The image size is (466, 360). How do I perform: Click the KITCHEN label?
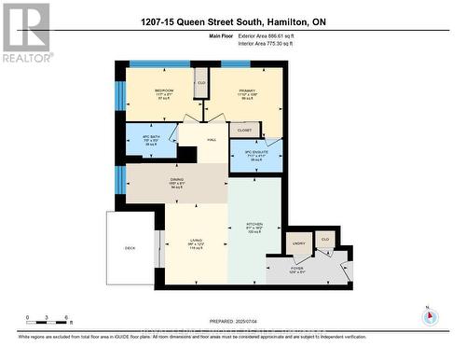[254, 227]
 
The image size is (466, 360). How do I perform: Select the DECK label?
[130, 248]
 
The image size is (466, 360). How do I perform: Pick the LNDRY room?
[299, 243]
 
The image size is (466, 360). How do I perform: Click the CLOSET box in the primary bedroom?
[243, 131]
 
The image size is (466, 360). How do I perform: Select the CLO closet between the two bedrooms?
[200, 82]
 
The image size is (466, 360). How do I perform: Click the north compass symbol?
[429, 315]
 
